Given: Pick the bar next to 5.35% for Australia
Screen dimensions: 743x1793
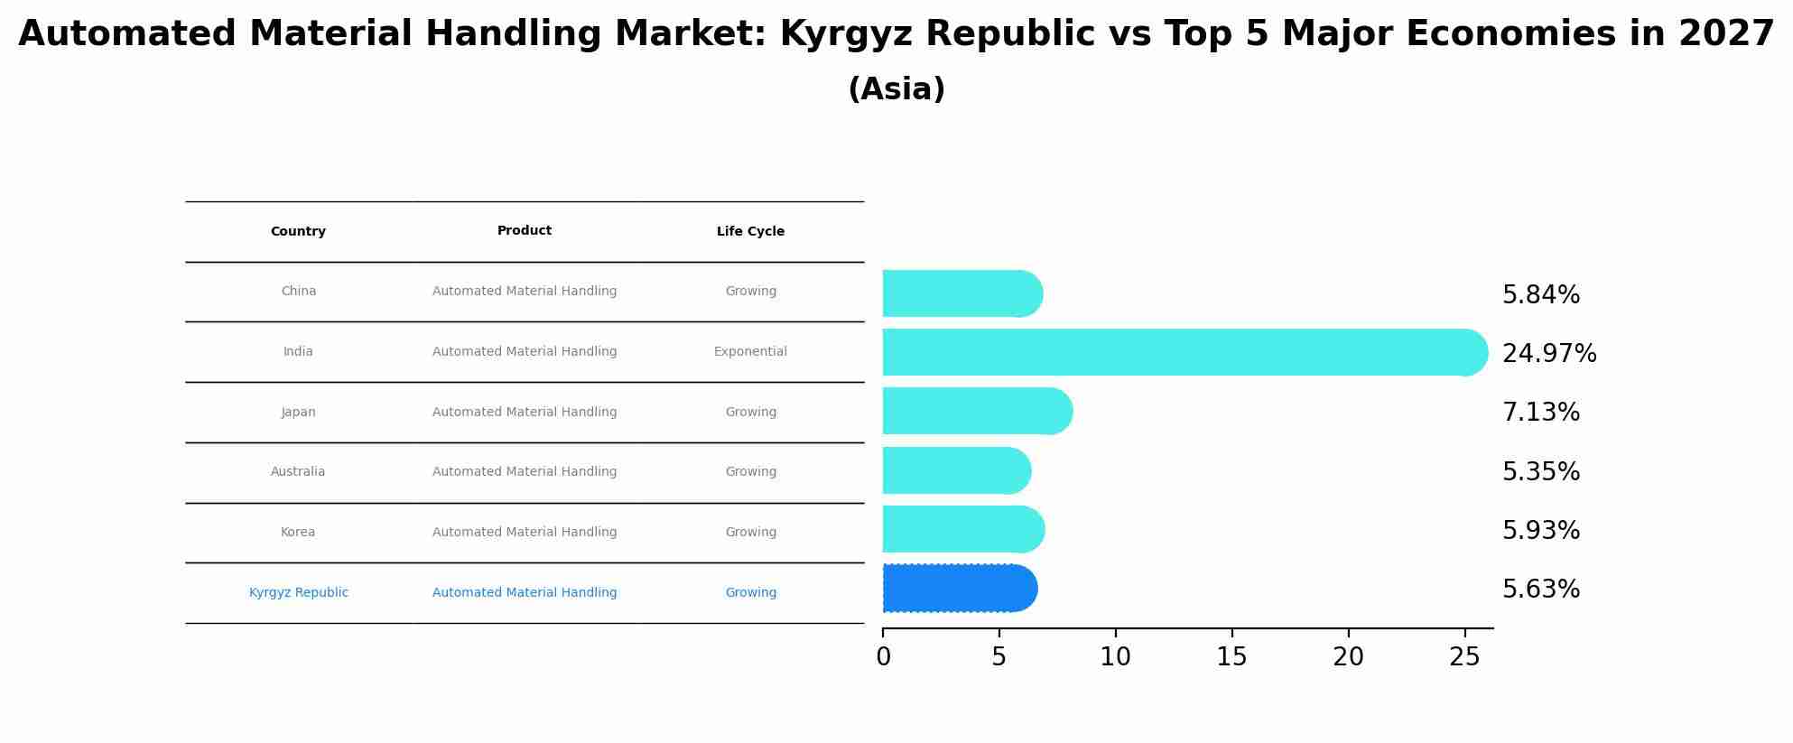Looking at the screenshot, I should point(956,470).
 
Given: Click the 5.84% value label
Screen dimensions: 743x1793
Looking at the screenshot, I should point(1540,295).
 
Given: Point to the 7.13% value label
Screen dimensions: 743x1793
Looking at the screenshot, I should point(1540,413).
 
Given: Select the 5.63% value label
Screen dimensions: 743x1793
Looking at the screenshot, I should point(1540,590).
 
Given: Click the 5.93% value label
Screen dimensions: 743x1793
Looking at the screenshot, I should point(1540,531).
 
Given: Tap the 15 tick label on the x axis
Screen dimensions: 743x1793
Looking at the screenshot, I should point(1231,657).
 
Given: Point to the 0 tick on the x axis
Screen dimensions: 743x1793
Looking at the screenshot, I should point(883,657).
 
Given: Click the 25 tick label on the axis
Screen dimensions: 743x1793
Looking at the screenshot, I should point(1464,657).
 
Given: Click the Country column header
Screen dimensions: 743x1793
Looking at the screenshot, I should point(298,232).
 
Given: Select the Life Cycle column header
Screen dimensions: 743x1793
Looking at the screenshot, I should point(750,232).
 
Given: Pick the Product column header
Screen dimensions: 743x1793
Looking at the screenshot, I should point(525,231).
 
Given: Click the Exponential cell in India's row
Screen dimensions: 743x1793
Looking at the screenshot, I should point(750,352).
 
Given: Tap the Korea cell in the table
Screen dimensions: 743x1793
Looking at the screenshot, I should point(298,533).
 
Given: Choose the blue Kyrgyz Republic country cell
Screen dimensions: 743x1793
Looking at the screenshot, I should point(299,593).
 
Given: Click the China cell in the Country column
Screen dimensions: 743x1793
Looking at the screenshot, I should point(299,292).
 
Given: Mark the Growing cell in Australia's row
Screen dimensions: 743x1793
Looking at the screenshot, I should point(750,472).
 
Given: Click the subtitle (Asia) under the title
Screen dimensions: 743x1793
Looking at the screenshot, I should point(896,89).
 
